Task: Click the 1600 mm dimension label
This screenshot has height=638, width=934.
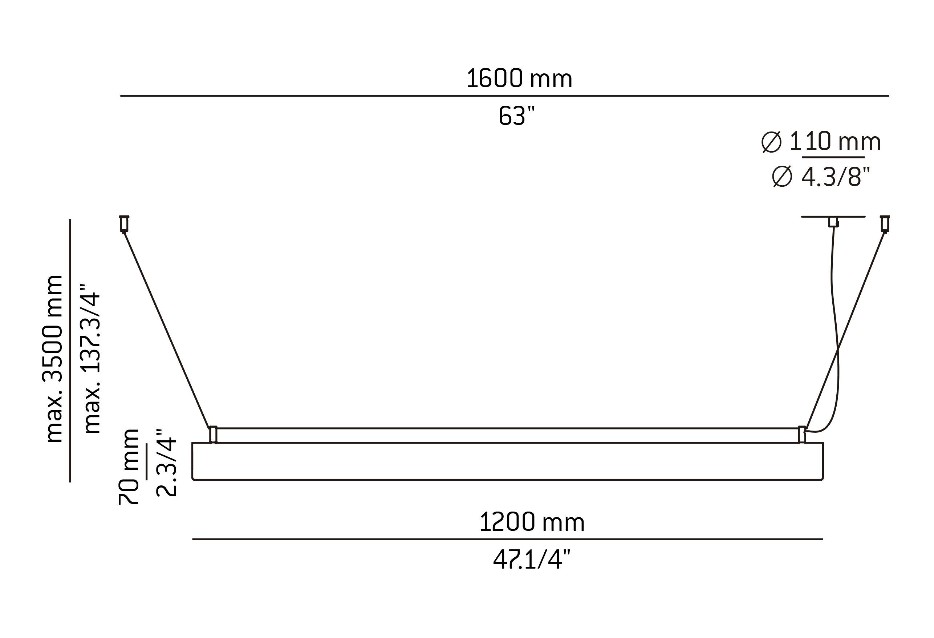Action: tap(519, 79)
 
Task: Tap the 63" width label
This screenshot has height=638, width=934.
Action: tap(517, 116)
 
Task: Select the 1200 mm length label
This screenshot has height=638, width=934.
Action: tap(531, 522)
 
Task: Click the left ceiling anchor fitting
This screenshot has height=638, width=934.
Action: tap(124, 224)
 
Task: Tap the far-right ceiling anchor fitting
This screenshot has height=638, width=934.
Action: tap(885, 224)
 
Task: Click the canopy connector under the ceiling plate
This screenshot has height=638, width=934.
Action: tap(834, 222)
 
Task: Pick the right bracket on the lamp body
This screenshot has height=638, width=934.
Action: tap(802, 435)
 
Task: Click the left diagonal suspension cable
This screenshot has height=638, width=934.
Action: tap(167, 330)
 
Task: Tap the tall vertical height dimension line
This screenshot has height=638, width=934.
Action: tap(70, 350)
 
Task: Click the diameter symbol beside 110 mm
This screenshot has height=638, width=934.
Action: tap(771, 142)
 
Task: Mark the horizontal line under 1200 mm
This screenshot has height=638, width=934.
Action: tap(507, 539)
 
